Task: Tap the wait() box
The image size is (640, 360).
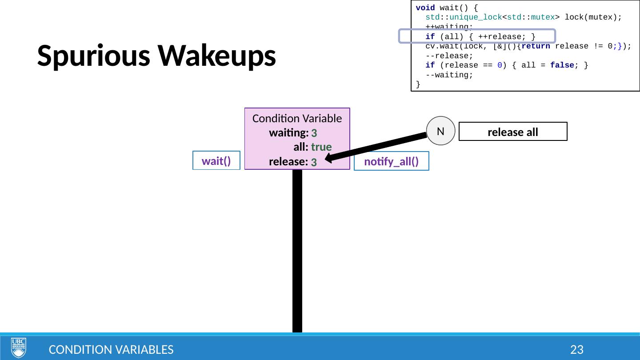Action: coord(216,161)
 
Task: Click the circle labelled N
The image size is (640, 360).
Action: coord(441,131)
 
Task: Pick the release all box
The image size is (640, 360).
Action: coord(513,132)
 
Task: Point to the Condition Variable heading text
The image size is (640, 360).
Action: coord(297,119)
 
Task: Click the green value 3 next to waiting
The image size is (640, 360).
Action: coord(314,133)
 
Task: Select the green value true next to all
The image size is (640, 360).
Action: coord(321,147)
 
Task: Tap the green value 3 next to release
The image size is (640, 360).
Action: coord(314,162)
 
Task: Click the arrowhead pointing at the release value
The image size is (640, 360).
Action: coord(329,157)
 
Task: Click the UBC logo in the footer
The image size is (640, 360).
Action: coord(19,347)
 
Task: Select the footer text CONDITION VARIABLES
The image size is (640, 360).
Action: coord(111,350)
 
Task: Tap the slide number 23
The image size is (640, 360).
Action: coord(576,350)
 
